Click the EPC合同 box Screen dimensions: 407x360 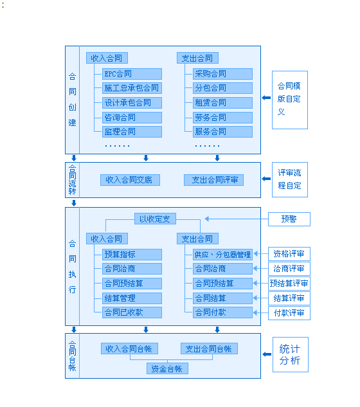[x=131, y=74]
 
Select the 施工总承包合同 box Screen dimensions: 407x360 [x=131, y=88]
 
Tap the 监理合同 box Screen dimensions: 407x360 [x=131, y=132]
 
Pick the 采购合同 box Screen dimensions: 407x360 [x=222, y=74]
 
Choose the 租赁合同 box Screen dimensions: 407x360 [x=222, y=103]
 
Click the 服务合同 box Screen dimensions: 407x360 [x=222, y=132]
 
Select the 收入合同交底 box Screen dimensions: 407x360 [x=130, y=180]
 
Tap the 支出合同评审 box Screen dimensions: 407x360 [x=213, y=180]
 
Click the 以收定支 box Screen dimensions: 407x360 [x=155, y=219]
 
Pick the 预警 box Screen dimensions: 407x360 [x=289, y=219]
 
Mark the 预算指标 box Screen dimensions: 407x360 [x=131, y=255]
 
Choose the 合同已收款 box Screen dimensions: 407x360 [x=131, y=312]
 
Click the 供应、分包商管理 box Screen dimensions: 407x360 [x=222, y=255]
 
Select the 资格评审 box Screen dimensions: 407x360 [x=289, y=254]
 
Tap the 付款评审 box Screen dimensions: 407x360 [x=289, y=313]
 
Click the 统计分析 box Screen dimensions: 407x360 [x=289, y=354]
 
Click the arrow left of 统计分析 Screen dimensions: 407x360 [x=267, y=354]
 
